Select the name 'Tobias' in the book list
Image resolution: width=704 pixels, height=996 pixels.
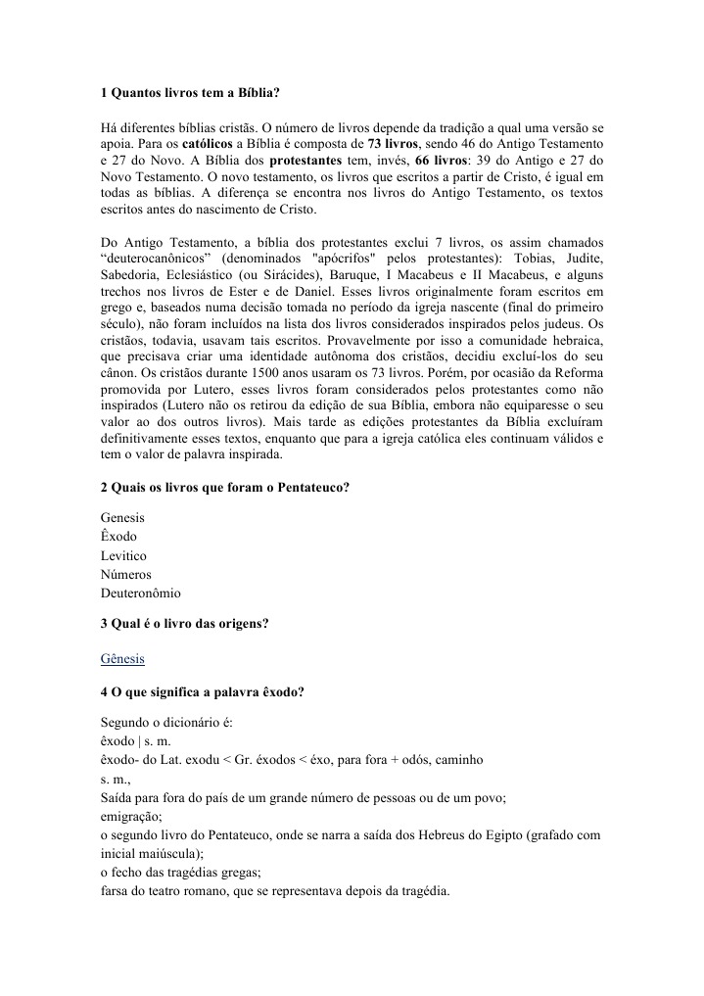518,258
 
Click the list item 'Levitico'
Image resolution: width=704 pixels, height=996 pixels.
124,555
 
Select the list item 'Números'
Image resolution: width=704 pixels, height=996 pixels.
126,574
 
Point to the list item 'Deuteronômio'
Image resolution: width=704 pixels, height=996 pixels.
140,593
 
